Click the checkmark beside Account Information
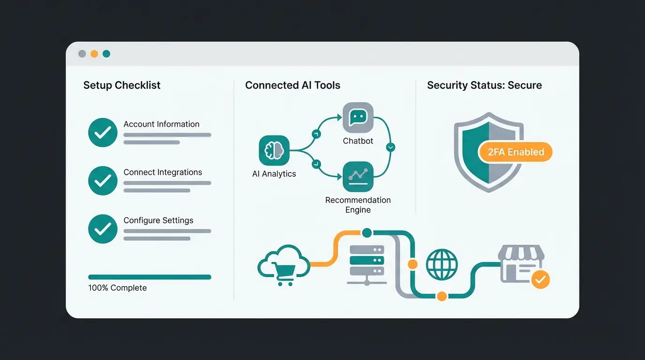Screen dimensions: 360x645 103,133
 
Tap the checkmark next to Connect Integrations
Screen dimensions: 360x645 103,180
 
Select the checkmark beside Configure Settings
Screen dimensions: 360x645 103,229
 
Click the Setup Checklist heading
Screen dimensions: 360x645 122,85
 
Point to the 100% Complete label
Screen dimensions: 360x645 117,288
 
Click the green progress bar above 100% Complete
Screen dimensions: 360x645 150,277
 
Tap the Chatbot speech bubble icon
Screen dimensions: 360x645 358,117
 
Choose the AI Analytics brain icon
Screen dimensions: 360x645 274,150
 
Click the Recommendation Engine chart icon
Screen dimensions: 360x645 358,177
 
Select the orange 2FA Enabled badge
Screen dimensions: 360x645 515,152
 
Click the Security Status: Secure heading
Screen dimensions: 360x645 484,85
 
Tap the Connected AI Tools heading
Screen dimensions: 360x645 292,85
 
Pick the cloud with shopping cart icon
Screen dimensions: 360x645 284,264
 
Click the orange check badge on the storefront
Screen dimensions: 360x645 540,280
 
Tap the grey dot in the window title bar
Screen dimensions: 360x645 82,54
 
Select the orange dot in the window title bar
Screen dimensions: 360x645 94,54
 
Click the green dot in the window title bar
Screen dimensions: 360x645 106,54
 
